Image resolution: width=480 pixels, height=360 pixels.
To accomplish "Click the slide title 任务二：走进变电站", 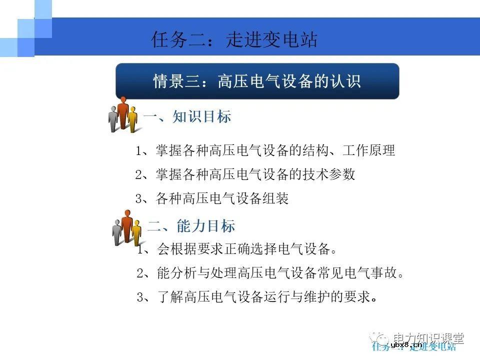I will coord(234,40).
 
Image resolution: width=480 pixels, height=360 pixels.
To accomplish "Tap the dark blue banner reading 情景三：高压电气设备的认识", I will coord(257,81).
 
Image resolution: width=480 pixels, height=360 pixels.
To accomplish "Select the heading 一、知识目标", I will coord(187,117).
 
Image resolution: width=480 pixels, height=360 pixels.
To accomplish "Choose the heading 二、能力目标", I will coord(191,226).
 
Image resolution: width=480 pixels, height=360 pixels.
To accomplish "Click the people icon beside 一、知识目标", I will coord(123,115).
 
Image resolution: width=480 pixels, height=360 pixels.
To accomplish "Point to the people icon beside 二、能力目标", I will coord(127,228).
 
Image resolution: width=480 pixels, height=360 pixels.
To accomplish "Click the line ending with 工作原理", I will coord(265,150).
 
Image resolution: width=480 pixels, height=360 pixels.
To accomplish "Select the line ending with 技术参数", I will coord(245,174).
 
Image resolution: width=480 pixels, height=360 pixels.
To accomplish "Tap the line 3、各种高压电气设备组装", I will coord(212,199).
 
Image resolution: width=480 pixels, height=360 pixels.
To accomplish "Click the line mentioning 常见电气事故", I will coord(270,273).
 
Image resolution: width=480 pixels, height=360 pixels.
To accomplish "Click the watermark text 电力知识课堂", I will coord(428,338).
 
